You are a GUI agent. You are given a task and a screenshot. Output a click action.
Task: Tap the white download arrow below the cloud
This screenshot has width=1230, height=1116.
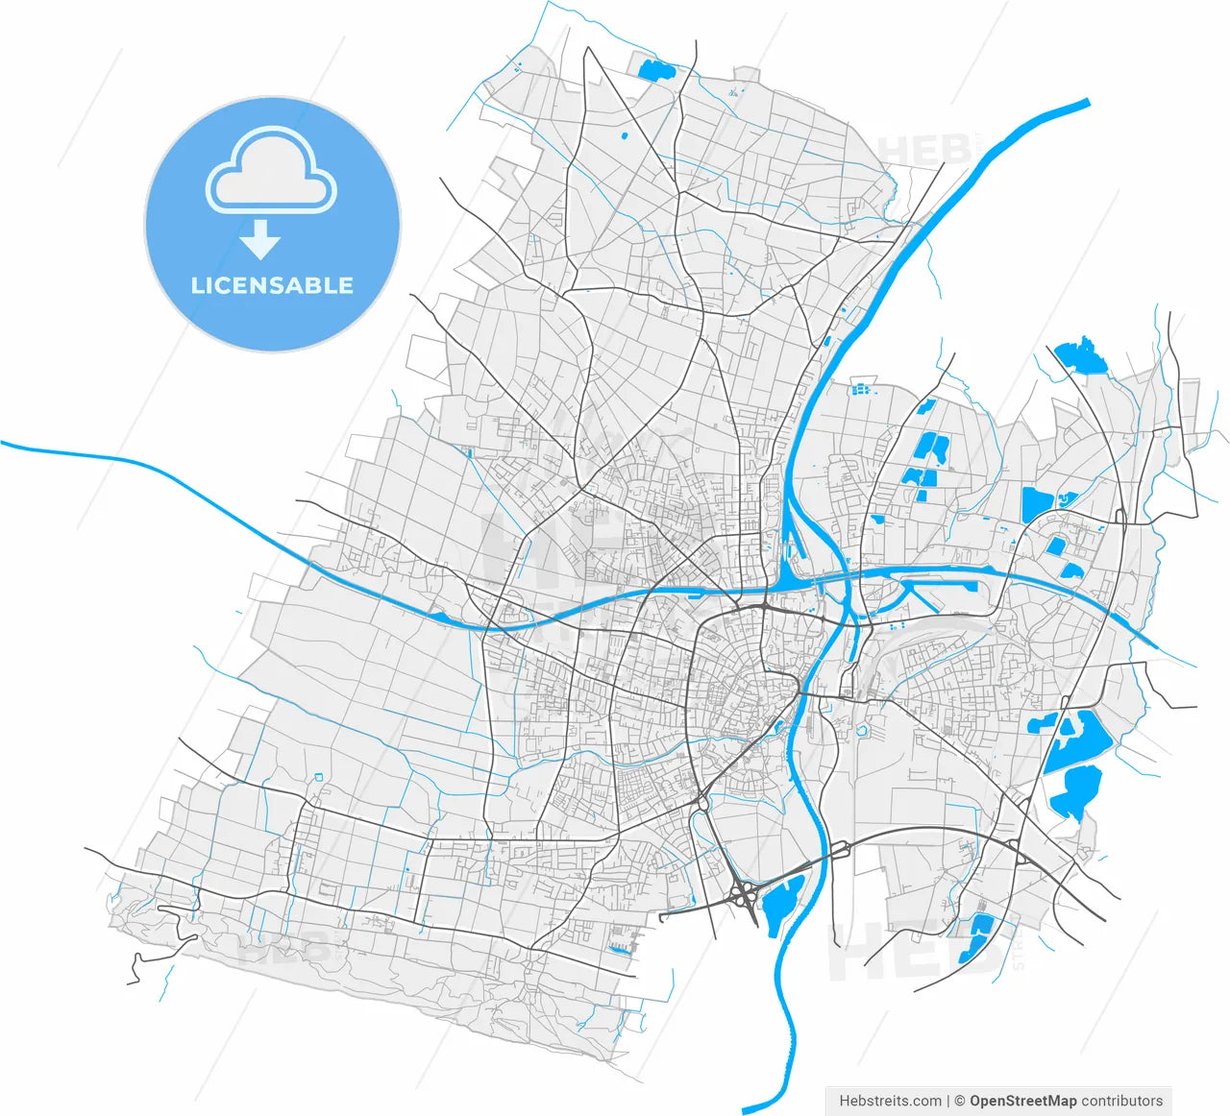[x=259, y=239]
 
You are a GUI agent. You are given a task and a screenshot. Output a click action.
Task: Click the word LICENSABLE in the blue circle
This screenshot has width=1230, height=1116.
[x=272, y=285]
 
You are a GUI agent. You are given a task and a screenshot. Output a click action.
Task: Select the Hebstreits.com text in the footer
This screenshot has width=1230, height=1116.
[x=890, y=1101]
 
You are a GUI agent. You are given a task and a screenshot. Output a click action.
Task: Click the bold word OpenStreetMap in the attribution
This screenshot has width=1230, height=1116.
[x=1022, y=1101]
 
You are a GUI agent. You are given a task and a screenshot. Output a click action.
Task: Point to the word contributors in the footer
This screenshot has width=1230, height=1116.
[x=1122, y=1101]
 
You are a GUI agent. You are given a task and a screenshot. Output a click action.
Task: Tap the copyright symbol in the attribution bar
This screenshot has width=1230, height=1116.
[x=959, y=1101]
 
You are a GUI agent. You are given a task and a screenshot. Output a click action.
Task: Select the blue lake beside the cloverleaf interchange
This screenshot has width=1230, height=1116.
[x=783, y=901]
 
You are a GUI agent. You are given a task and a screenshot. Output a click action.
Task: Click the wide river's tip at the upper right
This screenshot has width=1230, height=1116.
[x=1086, y=102]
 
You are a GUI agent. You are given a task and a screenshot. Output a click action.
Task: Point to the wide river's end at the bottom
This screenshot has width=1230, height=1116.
[x=746, y=1106]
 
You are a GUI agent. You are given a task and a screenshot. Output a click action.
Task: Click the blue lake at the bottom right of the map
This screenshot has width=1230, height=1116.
[x=978, y=935]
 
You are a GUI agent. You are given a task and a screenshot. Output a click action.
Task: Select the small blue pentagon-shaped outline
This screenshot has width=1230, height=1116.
[x=863, y=731]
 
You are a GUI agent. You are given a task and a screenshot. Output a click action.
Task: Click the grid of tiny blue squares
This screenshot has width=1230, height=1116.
[x=860, y=389]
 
